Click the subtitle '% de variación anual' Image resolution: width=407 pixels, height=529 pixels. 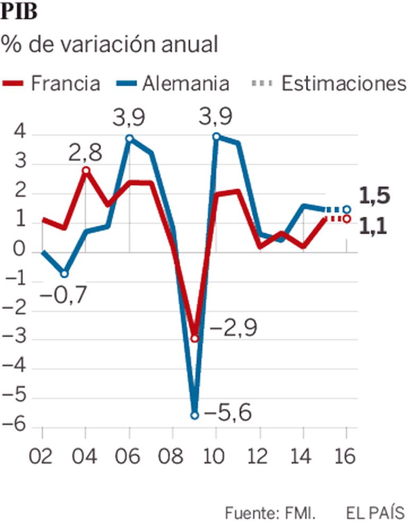tap(110, 45)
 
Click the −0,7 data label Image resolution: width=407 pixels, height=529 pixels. tap(63, 296)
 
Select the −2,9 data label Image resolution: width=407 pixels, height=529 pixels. tap(233, 329)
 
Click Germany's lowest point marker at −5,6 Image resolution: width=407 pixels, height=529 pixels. tap(194, 415)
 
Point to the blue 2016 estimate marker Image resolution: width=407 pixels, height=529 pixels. tap(346, 209)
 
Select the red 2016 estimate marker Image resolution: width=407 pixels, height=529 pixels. tap(346, 218)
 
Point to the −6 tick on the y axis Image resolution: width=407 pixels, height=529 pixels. tap(19, 427)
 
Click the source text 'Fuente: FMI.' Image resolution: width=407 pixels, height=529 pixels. tap(270, 513)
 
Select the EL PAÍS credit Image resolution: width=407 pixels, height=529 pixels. tap(375, 513)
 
